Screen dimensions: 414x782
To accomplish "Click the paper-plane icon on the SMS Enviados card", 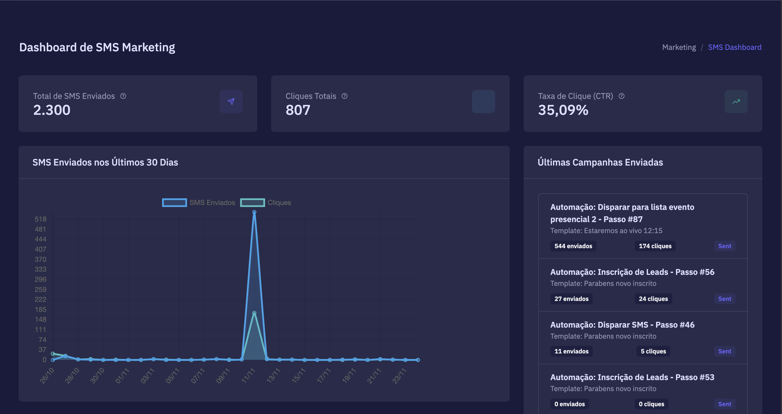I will click(231, 101).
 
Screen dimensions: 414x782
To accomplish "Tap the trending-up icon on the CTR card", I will click(736, 101).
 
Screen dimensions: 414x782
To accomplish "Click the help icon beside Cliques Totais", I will click(345, 96).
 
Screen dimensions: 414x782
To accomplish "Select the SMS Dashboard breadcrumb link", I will click(734, 47).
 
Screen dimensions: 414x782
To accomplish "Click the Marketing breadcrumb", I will click(679, 47).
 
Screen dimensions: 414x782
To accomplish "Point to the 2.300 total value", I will click(52, 110).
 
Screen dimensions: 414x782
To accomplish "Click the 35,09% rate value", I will click(563, 110).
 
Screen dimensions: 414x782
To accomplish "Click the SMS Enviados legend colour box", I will click(174, 203).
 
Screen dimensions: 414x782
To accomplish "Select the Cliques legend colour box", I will click(252, 203).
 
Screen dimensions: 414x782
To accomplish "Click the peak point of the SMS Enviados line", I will click(254, 212).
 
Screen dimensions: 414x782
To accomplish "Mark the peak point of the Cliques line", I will click(254, 313).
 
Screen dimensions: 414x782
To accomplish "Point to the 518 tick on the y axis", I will click(40, 219).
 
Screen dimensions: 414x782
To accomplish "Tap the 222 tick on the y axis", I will click(40, 299).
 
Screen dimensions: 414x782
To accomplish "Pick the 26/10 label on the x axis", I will click(47, 375).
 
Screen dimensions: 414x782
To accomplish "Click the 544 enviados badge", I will click(573, 246).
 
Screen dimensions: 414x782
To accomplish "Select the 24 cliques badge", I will click(653, 299).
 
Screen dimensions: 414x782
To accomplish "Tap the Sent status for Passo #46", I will click(724, 351).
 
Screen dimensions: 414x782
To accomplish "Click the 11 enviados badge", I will click(571, 351).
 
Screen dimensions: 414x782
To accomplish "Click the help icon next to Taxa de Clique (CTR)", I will click(621, 96).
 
